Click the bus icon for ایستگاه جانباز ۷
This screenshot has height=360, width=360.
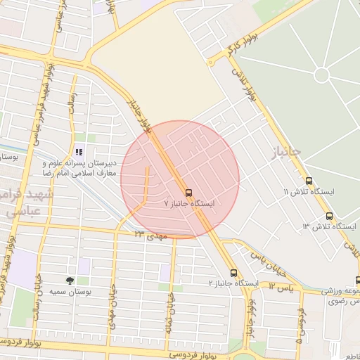coord(188,192)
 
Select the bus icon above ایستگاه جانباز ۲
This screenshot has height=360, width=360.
coord(234,273)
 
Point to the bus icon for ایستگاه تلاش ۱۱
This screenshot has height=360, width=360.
coord(309,181)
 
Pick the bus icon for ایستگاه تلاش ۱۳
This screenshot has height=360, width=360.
coord(330,216)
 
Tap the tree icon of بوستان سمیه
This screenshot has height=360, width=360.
coord(70,281)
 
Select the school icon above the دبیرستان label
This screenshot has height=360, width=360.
coord(79,151)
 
